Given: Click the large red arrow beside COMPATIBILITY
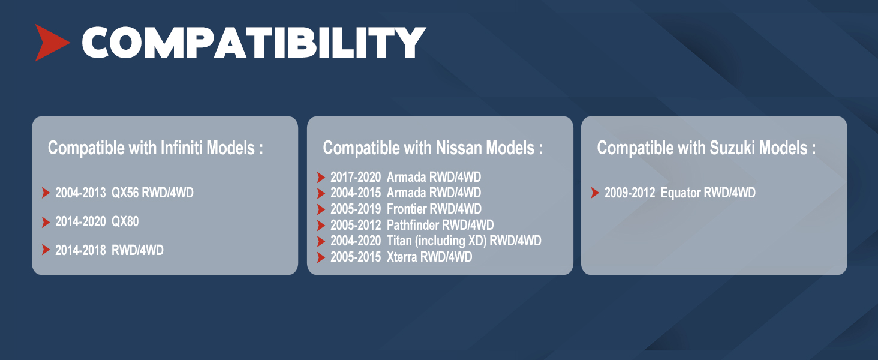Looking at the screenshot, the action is (50, 43).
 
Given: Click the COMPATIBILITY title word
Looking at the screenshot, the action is (254, 43).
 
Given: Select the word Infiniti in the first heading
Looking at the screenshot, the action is (182, 148).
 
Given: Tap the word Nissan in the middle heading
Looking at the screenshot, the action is (459, 148).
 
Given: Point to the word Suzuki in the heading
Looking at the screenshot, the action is (732, 148).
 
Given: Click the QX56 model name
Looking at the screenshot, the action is (125, 193).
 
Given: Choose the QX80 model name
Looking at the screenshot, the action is (125, 221).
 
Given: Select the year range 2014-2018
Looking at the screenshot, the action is (80, 250).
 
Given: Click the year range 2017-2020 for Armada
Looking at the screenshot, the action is (356, 177).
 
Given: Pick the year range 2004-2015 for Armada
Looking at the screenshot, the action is (356, 193).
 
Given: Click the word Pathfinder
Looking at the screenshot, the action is (413, 225).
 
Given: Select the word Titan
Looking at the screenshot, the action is (399, 241).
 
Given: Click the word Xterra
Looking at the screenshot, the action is (402, 257).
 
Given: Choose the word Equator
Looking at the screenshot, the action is (681, 193).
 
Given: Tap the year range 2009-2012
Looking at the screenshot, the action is (630, 193).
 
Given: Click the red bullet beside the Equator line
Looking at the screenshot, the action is (595, 193).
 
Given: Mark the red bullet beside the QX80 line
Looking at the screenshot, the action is (46, 222).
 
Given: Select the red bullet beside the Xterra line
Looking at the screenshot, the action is (321, 257).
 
